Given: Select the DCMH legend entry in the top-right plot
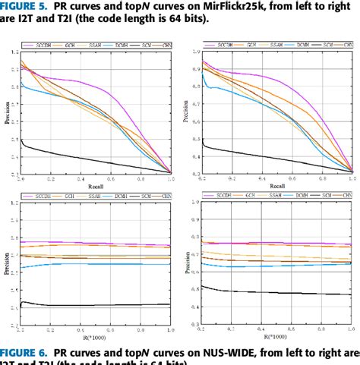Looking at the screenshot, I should click(302, 46).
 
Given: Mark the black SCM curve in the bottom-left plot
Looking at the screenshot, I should click(91, 305).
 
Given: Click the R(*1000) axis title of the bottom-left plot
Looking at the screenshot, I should click(94, 335).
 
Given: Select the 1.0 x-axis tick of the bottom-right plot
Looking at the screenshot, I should click(351, 328).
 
